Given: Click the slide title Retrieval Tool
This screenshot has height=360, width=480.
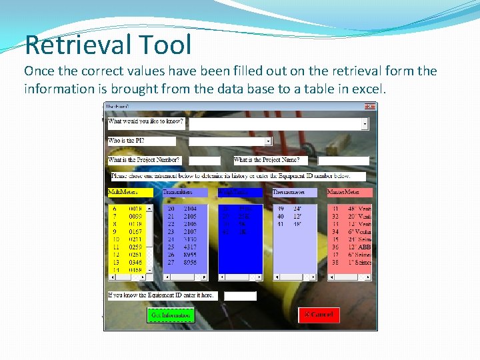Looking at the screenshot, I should pyautogui.click(x=108, y=45).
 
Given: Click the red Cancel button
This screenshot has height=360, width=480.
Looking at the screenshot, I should pyautogui.click(x=319, y=315).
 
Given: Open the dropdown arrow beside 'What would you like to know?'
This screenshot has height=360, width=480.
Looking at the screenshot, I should pyautogui.click(x=365, y=124).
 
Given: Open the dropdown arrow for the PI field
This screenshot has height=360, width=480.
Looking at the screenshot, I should pyautogui.click(x=269, y=141).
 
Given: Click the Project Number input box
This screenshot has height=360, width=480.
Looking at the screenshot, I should pyautogui.click(x=204, y=161).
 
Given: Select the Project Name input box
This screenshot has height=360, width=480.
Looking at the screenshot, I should pyautogui.click(x=343, y=161).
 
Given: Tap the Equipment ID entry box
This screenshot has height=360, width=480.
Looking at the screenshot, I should pyautogui.click(x=240, y=295).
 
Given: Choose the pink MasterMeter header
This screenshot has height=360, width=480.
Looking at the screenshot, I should pyautogui.click(x=349, y=192).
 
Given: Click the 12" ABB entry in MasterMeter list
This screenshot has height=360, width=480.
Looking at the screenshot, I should pyautogui.click(x=353, y=245).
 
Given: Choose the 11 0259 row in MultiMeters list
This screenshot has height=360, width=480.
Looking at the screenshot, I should pyautogui.click(x=126, y=245).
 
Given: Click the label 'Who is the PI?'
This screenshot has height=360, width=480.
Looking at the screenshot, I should pyautogui.click(x=127, y=141).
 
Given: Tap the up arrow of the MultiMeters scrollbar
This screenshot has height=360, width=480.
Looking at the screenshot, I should pyautogui.click(x=149, y=208).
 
